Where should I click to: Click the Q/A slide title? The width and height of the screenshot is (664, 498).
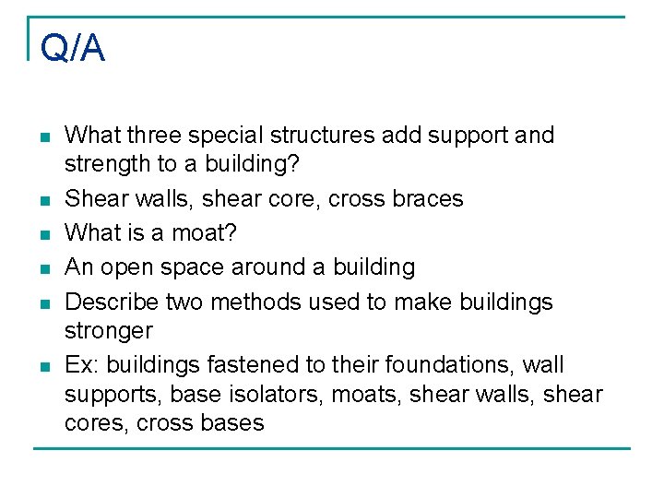coord(73,48)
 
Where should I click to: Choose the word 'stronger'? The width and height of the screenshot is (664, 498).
coord(109,330)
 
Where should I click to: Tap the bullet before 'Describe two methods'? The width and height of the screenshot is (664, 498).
coord(44,303)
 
